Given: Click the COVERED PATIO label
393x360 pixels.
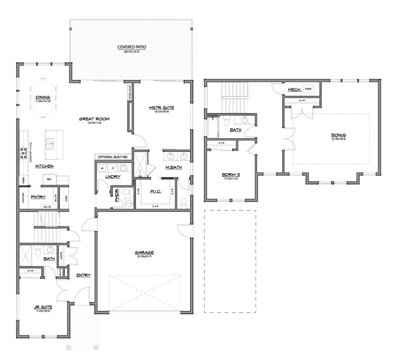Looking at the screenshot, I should [x=132, y=48].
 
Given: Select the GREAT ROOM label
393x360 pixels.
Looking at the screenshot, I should [x=94, y=119].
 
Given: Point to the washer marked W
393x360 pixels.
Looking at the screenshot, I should [x=102, y=168].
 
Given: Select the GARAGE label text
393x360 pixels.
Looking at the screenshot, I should [x=144, y=253].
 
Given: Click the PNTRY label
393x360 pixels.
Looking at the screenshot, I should [x=38, y=197].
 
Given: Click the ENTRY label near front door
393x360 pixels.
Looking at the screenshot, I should [x=83, y=275].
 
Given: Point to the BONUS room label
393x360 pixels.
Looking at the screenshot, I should [x=339, y=135].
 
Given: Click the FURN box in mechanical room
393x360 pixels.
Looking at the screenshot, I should [x=308, y=89].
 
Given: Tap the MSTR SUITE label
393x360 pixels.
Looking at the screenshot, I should [x=159, y=108].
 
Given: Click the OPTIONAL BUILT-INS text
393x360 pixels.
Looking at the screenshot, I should [x=112, y=157].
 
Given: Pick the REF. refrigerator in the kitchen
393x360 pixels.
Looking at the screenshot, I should [x=50, y=179].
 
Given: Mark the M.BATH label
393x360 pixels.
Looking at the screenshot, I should [x=173, y=168].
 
